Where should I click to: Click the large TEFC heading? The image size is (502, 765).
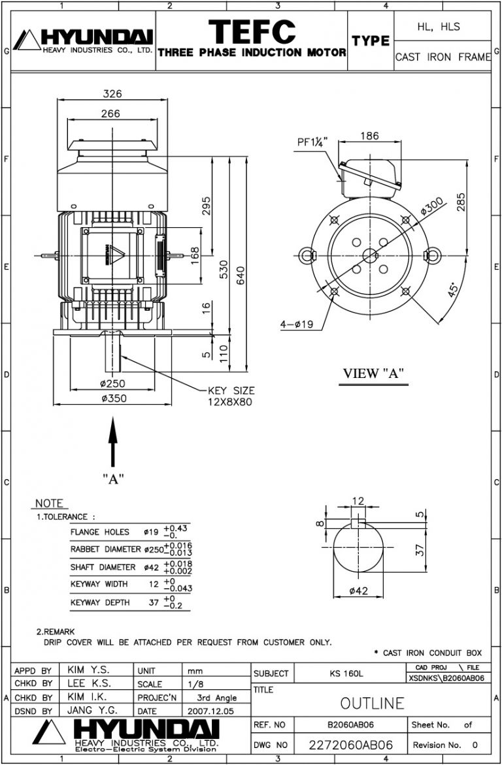click(252, 31)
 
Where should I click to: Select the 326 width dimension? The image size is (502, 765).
click(112, 94)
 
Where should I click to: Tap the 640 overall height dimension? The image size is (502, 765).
click(241, 276)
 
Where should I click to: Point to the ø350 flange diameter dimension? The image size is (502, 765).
click(112, 398)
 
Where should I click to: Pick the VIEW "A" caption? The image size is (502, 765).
click(374, 373)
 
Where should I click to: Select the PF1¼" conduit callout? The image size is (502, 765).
click(312, 142)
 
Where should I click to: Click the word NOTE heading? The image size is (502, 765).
click(49, 503)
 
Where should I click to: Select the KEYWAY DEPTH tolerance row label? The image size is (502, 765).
click(100, 602)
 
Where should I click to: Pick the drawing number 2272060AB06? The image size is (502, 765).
click(352, 745)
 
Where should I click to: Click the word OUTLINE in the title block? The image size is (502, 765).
click(373, 702)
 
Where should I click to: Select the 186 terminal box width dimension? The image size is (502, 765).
click(370, 136)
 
